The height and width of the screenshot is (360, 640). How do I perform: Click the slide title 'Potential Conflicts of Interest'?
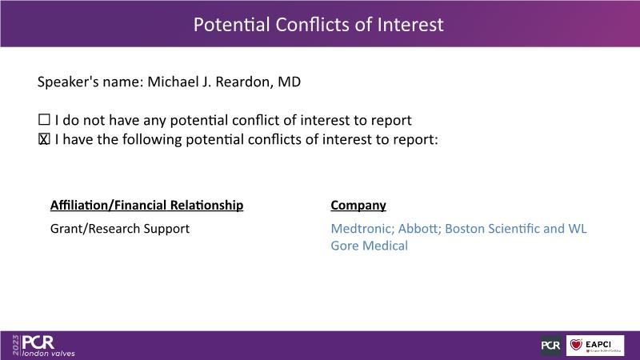click(x=318, y=25)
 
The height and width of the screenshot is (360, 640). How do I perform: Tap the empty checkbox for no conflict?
click(x=44, y=119)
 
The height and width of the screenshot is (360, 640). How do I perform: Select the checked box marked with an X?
click(x=44, y=139)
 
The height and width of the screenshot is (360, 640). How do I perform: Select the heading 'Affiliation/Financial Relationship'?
click(x=146, y=205)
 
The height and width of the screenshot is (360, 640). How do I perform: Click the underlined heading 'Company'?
click(x=358, y=206)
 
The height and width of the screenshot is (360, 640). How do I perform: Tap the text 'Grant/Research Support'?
click(x=120, y=229)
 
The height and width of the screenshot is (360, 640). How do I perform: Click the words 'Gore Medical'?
click(x=369, y=246)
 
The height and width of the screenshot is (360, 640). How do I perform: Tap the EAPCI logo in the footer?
click(x=595, y=346)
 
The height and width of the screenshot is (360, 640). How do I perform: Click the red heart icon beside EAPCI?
click(x=576, y=345)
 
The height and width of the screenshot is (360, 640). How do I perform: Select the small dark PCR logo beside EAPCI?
click(x=550, y=346)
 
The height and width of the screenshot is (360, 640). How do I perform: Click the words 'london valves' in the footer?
click(x=49, y=354)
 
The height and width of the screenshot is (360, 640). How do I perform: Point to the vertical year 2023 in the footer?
click(x=15, y=346)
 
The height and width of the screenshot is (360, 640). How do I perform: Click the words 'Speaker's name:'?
click(x=90, y=82)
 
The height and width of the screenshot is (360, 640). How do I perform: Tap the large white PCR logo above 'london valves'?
click(x=38, y=342)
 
